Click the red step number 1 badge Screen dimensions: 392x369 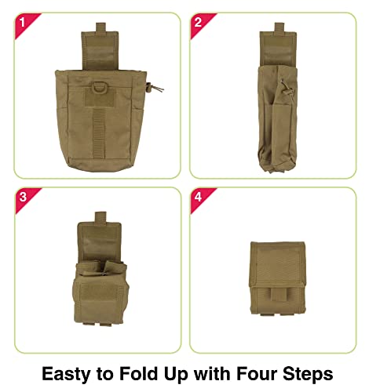(x=21, y=22)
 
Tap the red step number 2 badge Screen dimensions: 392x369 (x=198, y=22)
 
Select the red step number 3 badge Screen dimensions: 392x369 (x=21, y=198)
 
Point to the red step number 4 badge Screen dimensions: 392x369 (x=198, y=198)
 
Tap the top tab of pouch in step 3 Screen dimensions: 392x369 (x=99, y=217)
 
